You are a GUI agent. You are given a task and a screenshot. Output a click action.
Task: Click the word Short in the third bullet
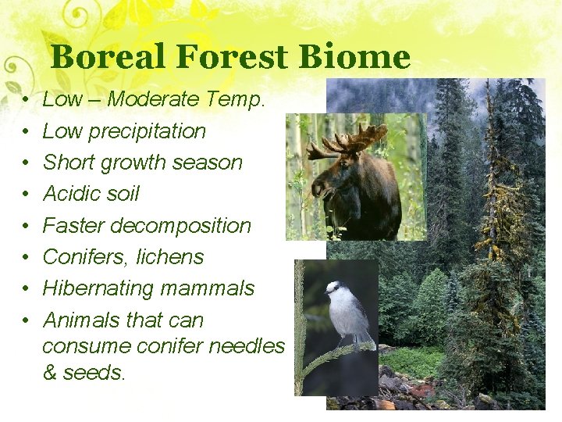[x=67, y=163]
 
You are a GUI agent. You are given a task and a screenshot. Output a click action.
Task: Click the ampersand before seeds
[x=50, y=373]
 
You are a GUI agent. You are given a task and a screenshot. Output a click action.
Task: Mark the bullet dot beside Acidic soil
[x=26, y=195]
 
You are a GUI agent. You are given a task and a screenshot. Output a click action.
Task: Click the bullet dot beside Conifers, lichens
[x=26, y=258]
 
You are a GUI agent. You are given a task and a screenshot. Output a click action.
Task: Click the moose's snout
[x=318, y=188]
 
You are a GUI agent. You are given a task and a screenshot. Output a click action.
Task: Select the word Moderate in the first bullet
[x=163, y=99]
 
